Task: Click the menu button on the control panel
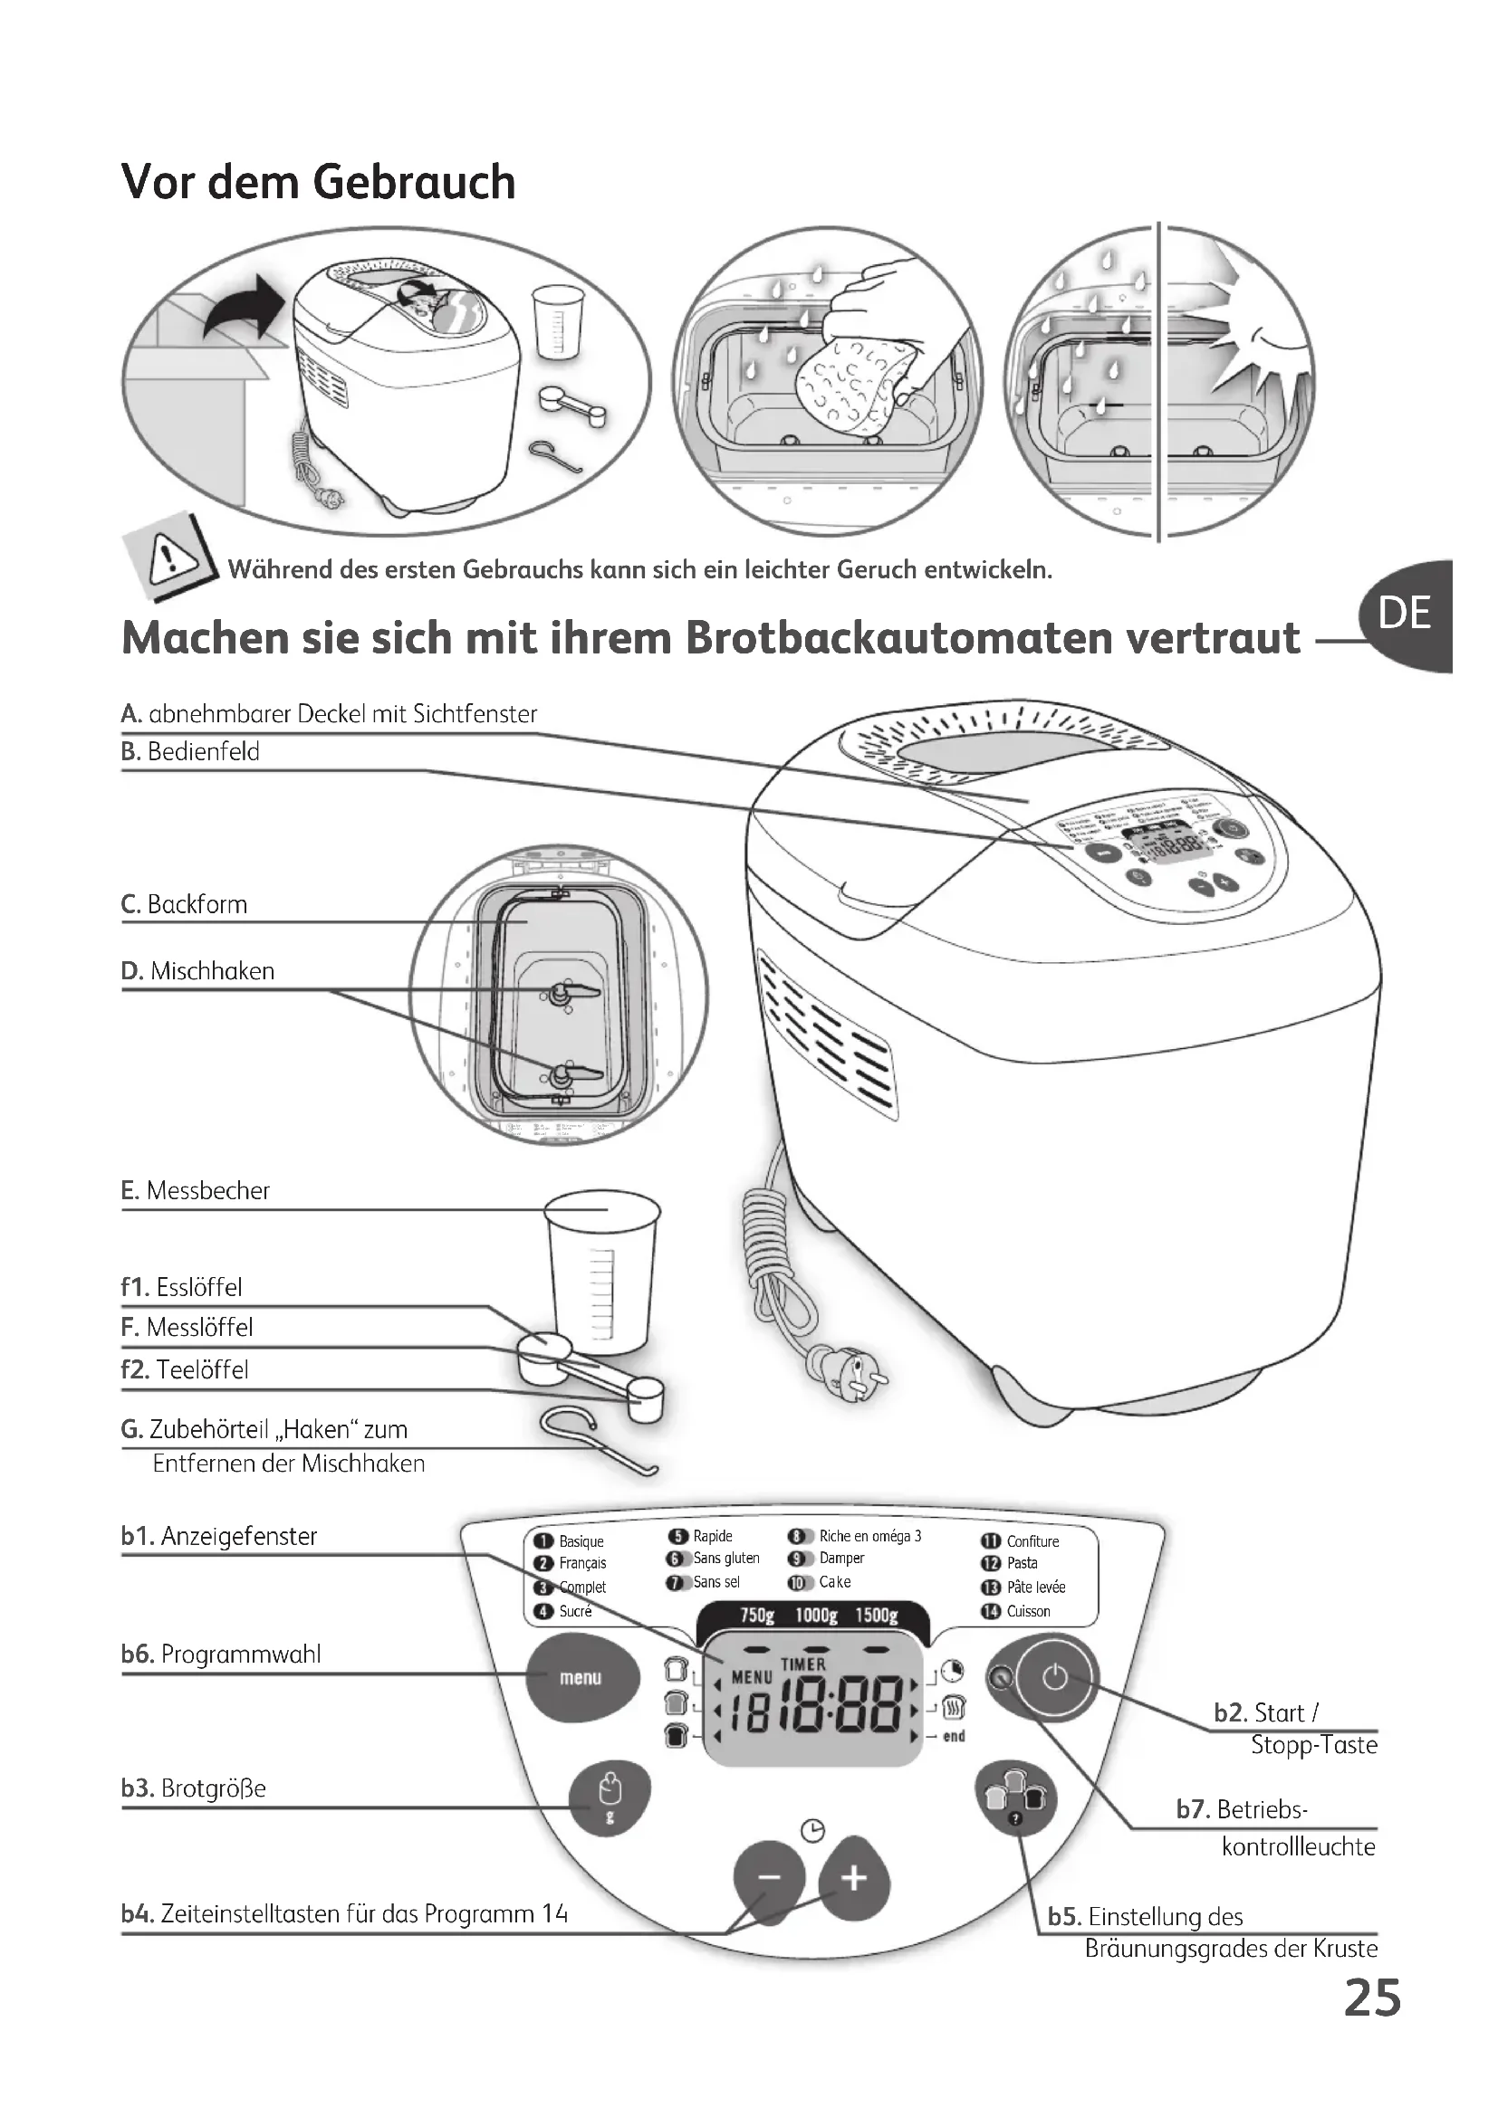pos(581,1677)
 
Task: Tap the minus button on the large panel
pos(769,1877)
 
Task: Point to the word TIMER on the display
pos(803,1664)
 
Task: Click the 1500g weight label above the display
pos(876,1616)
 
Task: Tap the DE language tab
pos(1406,614)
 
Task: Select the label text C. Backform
pos(185,904)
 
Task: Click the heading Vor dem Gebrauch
pos(318,182)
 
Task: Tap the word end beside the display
pos(954,1736)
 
